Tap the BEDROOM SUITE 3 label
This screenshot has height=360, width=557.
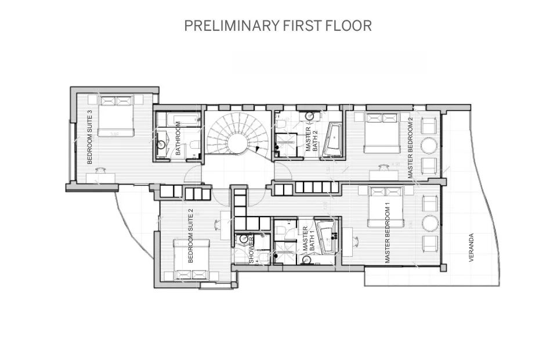(x=89, y=137)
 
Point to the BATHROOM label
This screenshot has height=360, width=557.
(x=178, y=138)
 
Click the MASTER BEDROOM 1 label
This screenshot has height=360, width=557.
(x=388, y=233)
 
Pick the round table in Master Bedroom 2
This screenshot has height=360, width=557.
(x=430, y=145)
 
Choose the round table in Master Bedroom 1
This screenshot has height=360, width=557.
(x=430, y=223)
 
